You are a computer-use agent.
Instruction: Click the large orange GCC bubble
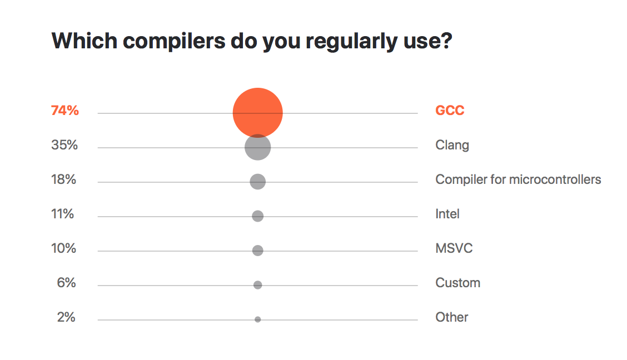click(x=257, y=113)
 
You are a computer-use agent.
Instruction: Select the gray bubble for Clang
click(x=257, y=147)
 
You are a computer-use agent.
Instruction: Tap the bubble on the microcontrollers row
click(x=257, y=182)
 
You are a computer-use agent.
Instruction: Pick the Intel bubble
click(x=257, y=216)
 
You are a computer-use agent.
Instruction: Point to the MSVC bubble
click(x=257, y=251)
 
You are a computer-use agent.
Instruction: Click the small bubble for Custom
click(x=257, y=285)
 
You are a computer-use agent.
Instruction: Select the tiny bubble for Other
click(x=257, y=319)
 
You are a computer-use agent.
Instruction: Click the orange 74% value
click(x=65, y=110)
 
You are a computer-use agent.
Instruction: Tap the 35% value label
click(x=64, y=144)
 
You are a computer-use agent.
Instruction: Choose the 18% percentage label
click(x=63, y=179)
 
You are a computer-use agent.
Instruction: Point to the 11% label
click(x=62, y=214)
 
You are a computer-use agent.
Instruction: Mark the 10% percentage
click(x=63, y=248)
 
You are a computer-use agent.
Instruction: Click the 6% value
click(x=66, y=282)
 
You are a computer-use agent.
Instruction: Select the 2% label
click(x=66, y=317)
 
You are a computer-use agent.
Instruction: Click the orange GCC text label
click(x=450, y=110)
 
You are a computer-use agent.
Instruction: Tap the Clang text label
click(x=452, y=145)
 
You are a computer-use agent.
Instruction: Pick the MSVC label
click(x=454, y=248)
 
